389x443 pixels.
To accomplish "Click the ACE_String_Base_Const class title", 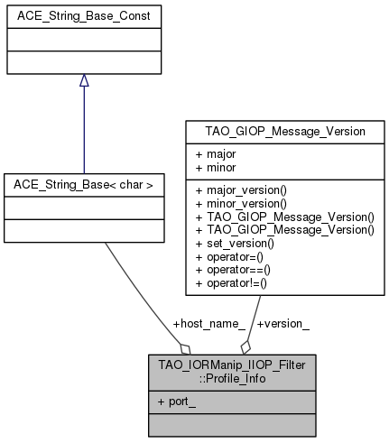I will tap(83, 16).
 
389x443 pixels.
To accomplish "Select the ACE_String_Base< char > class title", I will tap(83, 185).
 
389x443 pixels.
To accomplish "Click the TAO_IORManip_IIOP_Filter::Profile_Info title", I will tap(219, 371).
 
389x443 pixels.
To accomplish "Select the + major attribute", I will tap(215, 154).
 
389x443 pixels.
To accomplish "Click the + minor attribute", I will tap(215, 167).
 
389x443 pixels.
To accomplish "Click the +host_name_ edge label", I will tap(208, 323).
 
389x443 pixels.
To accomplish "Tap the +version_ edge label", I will tap(282, 323).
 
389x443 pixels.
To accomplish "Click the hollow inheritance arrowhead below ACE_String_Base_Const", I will tap(83, 81).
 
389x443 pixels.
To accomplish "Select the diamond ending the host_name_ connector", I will tap(185, 347).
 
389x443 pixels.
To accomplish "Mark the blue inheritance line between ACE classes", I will tap(83, 131).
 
